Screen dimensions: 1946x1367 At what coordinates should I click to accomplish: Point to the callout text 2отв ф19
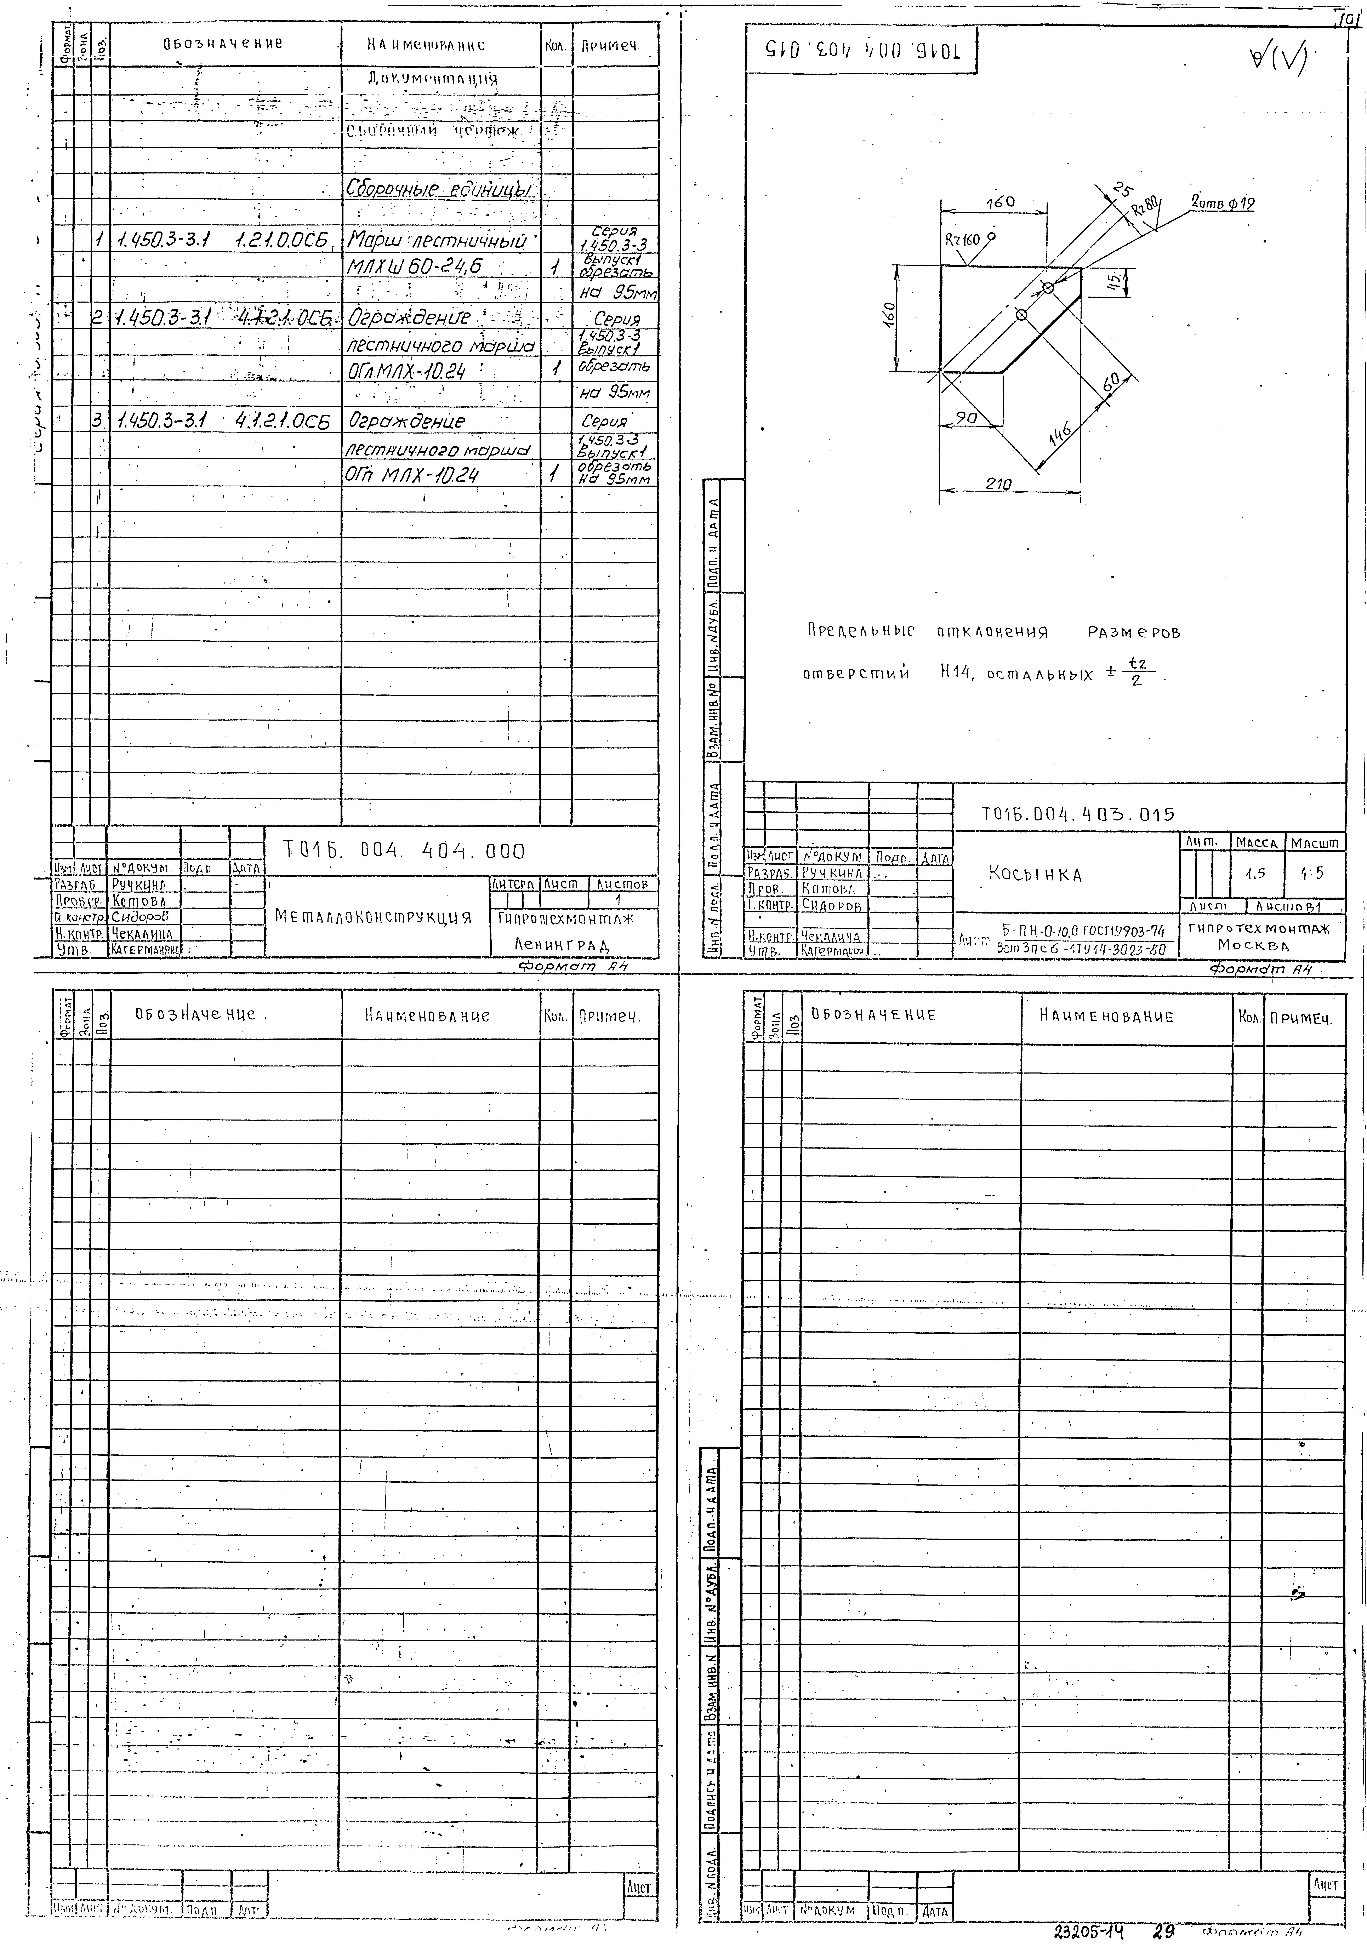[1223, 204]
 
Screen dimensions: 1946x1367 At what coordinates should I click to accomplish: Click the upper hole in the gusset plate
[1048, 288]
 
